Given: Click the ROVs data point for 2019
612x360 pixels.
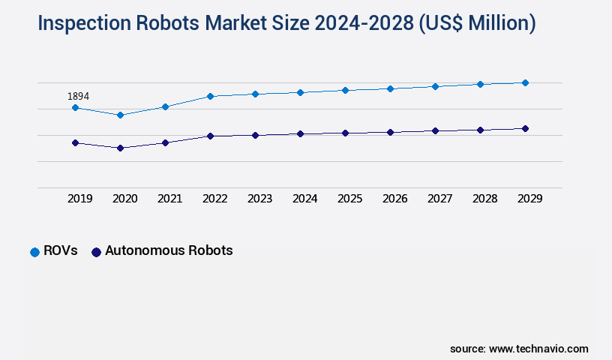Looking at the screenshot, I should tap(75, 107).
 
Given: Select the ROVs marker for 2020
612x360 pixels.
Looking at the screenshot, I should tap(120, 115).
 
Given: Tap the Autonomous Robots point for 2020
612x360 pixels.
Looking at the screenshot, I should tap(120, 148).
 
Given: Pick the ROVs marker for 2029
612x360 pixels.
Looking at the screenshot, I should tap(525, 82).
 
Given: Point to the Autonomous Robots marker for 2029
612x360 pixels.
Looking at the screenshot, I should tap(525, 128).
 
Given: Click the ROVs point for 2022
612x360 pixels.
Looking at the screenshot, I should tap(210, 96).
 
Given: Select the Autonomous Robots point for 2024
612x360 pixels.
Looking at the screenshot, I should tap(300, 133).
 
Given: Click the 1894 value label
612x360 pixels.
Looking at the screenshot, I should tap(79, 96).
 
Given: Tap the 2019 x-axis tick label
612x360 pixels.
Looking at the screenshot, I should tap(79, 199).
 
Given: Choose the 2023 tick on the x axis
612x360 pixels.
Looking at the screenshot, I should tap(259, 199).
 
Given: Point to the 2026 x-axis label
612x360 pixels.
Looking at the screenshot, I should tap(394, 199).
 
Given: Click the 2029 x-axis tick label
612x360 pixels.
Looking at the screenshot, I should tap(529, 199).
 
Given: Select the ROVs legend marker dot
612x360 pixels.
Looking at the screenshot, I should tap(34, 252).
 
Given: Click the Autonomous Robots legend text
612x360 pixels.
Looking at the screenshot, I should tap(169, 251).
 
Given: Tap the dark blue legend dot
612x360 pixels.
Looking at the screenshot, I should tap(96, 252).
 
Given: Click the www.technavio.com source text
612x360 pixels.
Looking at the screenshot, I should tap(538, 349).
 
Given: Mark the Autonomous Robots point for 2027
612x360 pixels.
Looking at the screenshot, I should tap(435, 130).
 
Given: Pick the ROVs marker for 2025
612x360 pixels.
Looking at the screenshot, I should tap(345, 90).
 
